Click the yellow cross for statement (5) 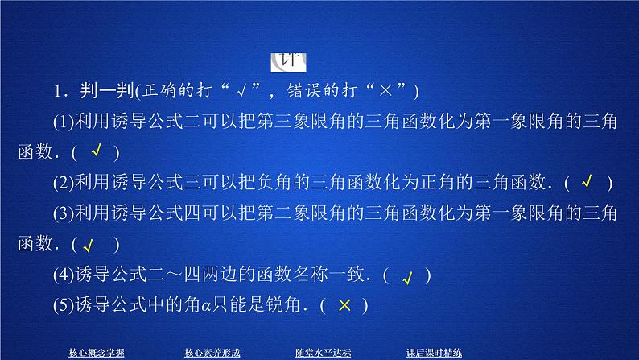point(344,305)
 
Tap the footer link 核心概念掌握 point(97,351)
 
